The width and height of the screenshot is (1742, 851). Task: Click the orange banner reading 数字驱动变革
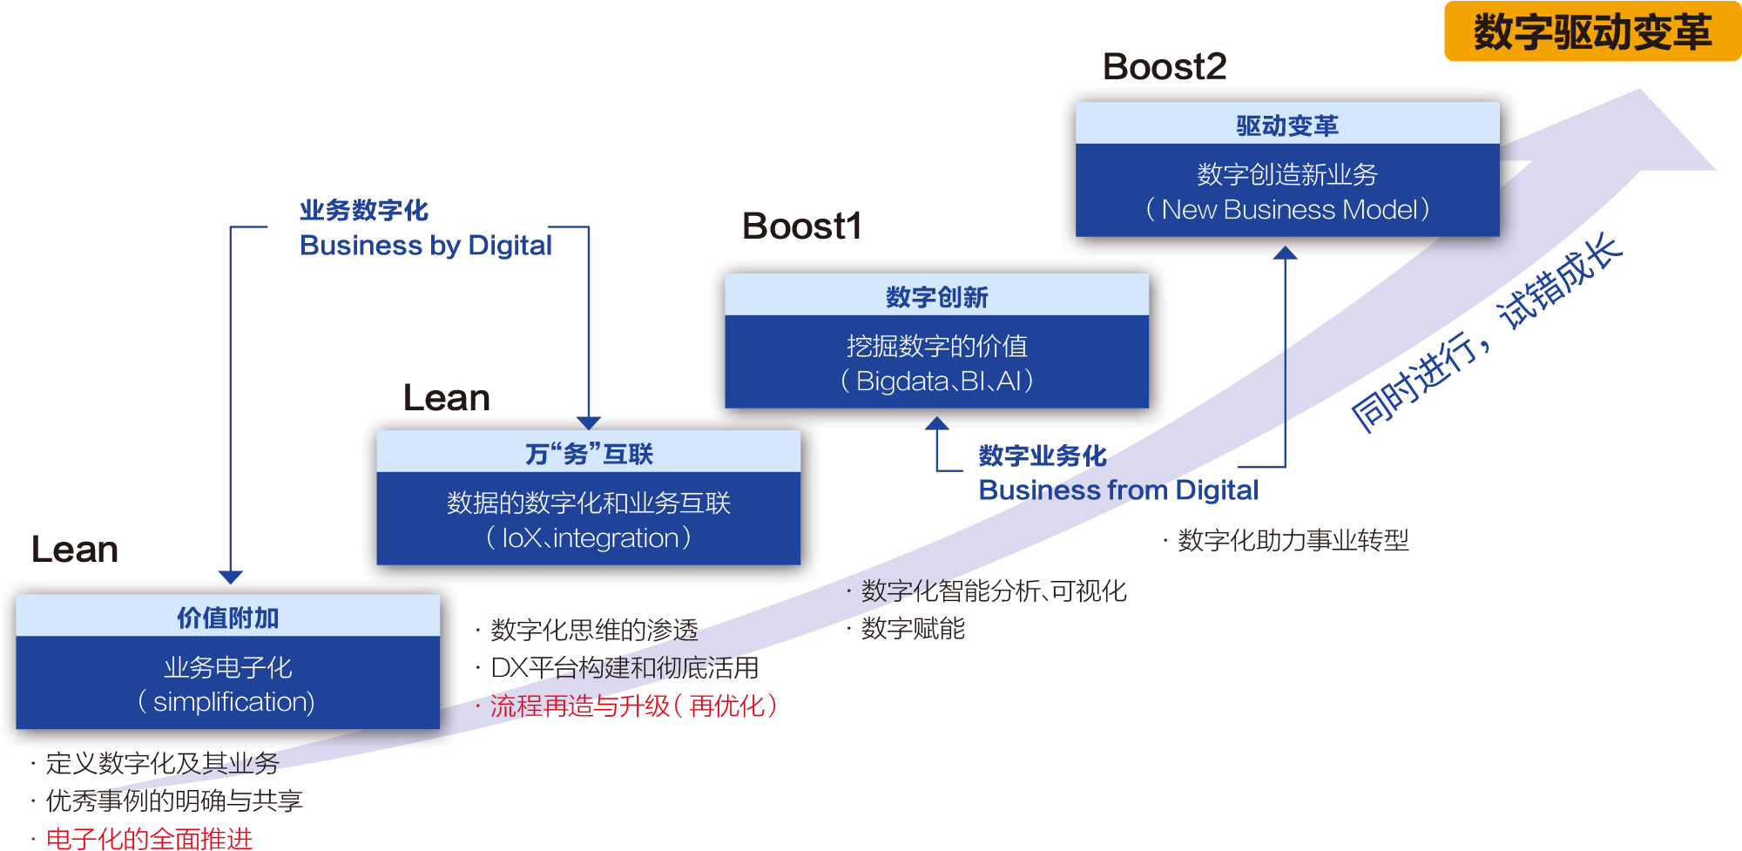click(1591, 32)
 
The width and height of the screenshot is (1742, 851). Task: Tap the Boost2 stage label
click(1165, 66)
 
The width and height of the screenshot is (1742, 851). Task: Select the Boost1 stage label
click(801, 226)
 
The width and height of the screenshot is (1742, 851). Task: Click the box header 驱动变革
click(1286, 125)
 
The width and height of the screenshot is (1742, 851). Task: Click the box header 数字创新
click(936, 297)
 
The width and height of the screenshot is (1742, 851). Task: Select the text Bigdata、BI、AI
click(937, 382)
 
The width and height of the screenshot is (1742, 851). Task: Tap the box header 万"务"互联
click(589, 454)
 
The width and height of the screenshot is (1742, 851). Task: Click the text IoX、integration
click(589, 538)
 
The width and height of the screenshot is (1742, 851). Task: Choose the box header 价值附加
click(227, 618)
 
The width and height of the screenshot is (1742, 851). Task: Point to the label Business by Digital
click(426, 246)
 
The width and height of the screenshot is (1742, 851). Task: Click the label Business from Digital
click(1118, 490)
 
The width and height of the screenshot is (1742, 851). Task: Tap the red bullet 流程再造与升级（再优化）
click(632, 706)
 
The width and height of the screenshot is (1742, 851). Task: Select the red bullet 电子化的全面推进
click(149, 839)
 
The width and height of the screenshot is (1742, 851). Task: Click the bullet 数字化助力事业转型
click(1293, 541)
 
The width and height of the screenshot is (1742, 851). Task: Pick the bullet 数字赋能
click(913, 628)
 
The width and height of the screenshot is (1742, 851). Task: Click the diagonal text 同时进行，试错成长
click(1486, 334)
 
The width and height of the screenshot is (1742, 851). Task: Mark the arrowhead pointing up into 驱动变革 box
click(1285, 253)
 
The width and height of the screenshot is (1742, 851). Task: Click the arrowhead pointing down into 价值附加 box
click(230, 577)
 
